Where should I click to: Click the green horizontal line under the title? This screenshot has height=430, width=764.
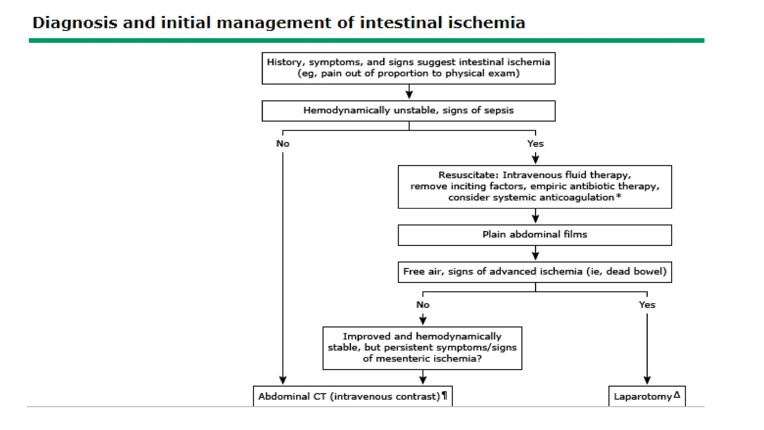pyautogui.click(x=366, y=40)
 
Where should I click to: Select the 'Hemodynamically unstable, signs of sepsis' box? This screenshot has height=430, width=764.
pyautogui.click(x=408, y=111)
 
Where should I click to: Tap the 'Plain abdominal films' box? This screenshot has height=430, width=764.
pyautogui.click(x=534, y=235)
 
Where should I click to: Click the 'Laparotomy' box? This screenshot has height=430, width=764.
pyautogui.click(x=646, y=396)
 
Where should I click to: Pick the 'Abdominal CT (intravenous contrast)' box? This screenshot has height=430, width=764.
pyautogui.click(x=352, y=396)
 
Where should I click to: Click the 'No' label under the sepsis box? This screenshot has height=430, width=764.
pyautogui.click(x=283, y=144)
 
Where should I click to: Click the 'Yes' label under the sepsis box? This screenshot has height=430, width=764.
pyautogui.click(x=535, y=144)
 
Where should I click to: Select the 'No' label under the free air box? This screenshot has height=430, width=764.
pyautogui.click(x=423, y=305)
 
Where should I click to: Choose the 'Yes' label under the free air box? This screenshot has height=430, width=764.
pyautogui.click(x=646, y=305)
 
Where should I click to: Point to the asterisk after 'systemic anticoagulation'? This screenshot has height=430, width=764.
pyautogui.click(x=619, y=196)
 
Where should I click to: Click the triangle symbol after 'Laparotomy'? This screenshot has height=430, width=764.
pyautogui.click(x=677, y=394)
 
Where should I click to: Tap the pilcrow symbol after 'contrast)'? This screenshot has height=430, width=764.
pyautogui.click(x=444, y=395)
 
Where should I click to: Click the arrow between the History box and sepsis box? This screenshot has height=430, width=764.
pyautogui.click(x=409, y=92)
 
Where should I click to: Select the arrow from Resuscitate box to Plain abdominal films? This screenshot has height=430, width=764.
pyautogui.click(x=535, y=216)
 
